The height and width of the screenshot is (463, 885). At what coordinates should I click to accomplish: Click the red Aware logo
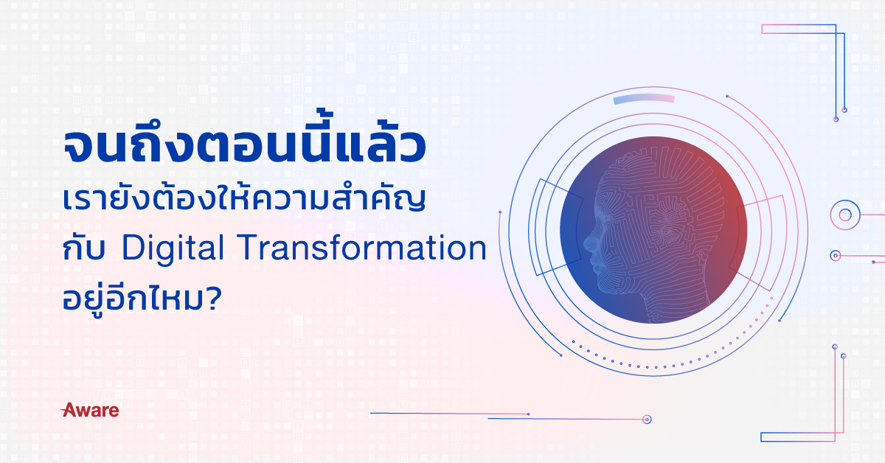click(x=90, y=410)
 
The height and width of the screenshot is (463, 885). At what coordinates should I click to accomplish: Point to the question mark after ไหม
click(x=214, y=299)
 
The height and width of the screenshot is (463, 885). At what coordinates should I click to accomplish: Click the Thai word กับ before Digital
click(x=84, y=249)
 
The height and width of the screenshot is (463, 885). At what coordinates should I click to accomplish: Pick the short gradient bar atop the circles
click(x=644, y=99)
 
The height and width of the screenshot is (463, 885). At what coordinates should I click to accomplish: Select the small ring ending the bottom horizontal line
click(x=647, y=420)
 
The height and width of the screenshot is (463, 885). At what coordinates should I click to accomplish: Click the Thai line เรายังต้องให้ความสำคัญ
click(x=244, y=199)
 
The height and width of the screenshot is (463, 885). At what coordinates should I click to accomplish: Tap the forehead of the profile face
click(x=608, y=186)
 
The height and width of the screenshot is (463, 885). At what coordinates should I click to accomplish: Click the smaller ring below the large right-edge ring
click(x=835, y=256)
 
